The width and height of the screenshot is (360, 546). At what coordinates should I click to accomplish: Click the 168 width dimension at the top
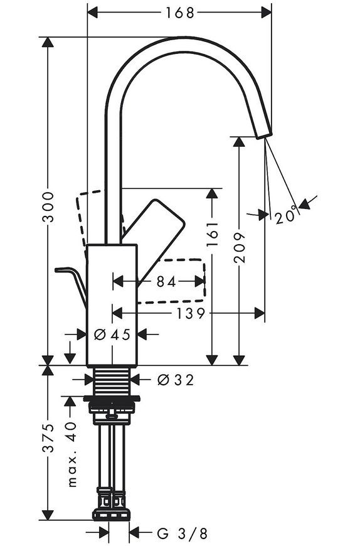(x=179, y=13)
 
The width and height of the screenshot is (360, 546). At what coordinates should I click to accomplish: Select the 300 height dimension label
(x=48, y=207)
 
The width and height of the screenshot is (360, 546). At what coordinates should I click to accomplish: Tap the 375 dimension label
(x=48, y=437)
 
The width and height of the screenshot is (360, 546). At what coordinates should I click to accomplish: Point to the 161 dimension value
(x=212, y=233)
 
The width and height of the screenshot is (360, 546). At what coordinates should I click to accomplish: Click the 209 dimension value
(x=240, y=247)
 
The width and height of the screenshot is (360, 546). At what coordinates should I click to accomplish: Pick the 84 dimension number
(x=166, y=282)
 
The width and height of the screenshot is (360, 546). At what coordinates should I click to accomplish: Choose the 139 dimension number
(x=191, y=314)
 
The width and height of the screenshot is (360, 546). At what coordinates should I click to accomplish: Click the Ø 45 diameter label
(x=112, y=335)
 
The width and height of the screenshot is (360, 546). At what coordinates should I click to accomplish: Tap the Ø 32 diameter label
(x=176, y=380)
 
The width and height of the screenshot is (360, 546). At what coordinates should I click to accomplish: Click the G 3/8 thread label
(x=183, y=533)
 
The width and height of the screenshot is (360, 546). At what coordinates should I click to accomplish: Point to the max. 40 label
(x=71, y=454)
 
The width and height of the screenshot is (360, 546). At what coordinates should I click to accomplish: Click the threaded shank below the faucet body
(x=112, y=382)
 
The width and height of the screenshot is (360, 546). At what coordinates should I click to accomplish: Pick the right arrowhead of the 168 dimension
(x=266, y=13)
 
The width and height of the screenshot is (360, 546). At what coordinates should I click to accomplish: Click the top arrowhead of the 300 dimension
(x=48, y=42)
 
